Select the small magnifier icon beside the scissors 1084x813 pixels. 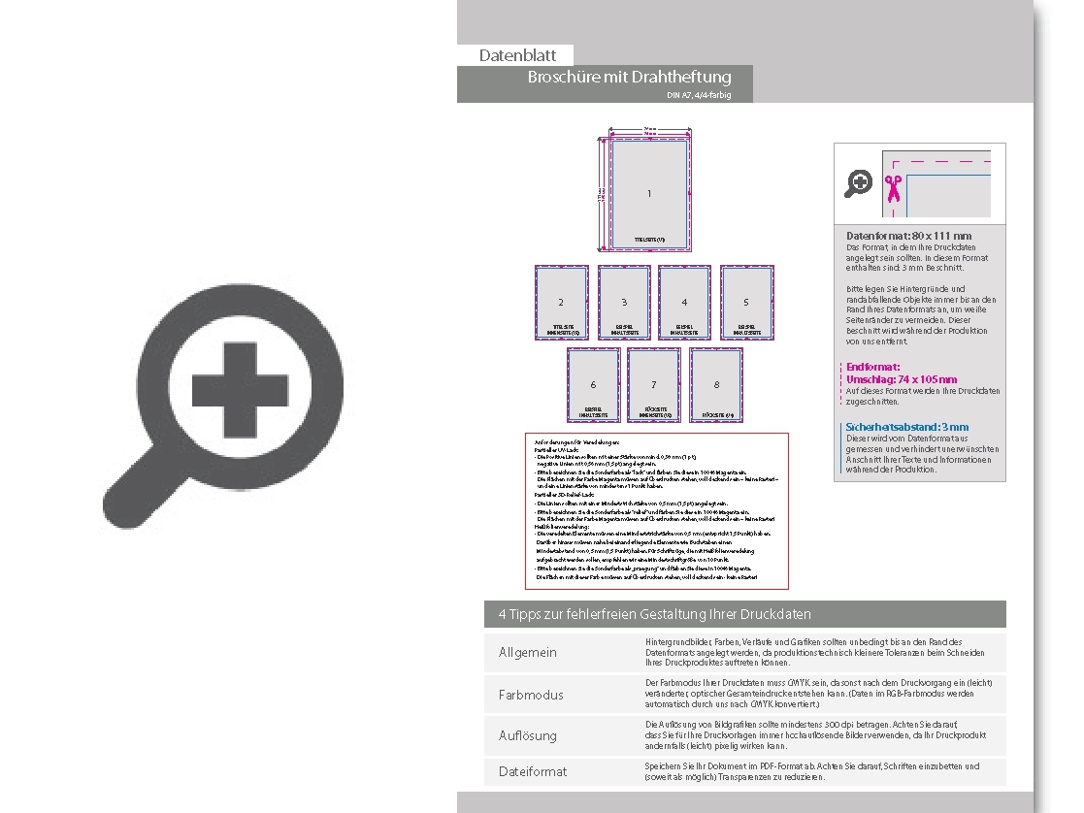point(858,183)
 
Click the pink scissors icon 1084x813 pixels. point(893,186)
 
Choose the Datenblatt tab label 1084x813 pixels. point(517,55)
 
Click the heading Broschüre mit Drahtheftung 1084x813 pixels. point(629,78)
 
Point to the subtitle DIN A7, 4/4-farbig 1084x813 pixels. point(699,95)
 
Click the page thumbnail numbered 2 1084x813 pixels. point(561,303)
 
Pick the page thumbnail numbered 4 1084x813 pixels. point(684,303)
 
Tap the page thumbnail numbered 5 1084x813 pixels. point(746,303)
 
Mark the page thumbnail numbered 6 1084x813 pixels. point(594,385)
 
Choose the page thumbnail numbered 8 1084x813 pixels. point(716,385)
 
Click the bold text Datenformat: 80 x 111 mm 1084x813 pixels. point(908,236)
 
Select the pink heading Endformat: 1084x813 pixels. point(873,367)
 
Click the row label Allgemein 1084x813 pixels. point(528,652)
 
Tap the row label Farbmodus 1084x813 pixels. point(531,695)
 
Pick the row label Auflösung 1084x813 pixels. point(528,735)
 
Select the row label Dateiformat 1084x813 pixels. point(533,771)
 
